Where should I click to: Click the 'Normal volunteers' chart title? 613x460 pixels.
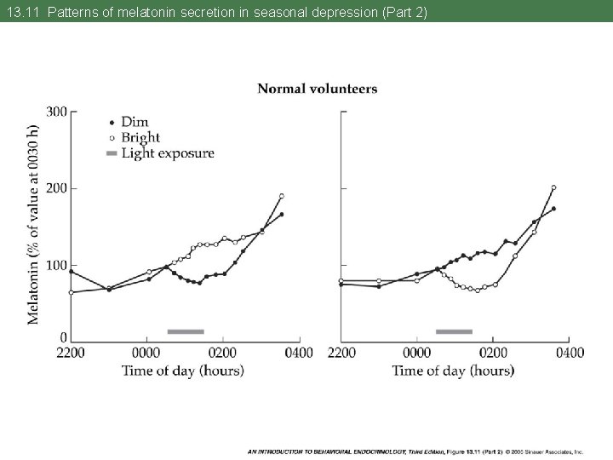click(317, 89)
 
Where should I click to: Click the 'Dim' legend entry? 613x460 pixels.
click(134, 123)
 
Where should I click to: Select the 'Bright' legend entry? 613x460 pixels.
click(140, 137)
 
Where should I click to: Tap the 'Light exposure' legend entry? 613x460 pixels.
click(167, 153)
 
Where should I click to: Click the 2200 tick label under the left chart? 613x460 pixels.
click(71, 353)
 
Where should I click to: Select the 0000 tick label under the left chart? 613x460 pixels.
click(147, 353)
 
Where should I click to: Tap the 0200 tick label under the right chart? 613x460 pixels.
click(494, 353)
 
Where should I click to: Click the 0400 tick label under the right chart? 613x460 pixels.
click(569, 353)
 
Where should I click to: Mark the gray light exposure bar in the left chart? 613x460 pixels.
click(186, 331)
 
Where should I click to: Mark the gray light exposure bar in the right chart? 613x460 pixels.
click(454, 331)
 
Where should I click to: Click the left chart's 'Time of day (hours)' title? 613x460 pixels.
click(183, 371)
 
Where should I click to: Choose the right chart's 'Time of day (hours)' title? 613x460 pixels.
click(453, 371)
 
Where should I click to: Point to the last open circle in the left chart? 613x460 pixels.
click(281, 196)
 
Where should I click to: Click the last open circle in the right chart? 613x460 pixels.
click(553, 187)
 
